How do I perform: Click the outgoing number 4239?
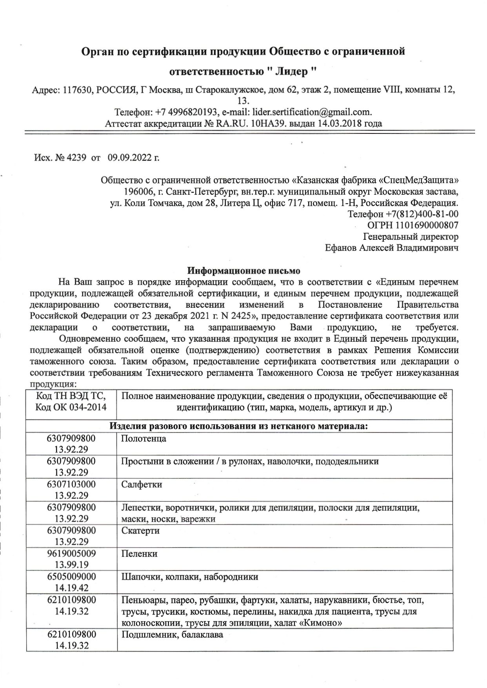(x=76, y=158)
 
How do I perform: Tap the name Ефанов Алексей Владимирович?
(x=392, y=248)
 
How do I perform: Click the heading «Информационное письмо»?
(x=243, y=270)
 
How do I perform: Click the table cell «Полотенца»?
(x=144, y=438)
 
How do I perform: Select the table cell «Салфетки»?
(x=142, y=484)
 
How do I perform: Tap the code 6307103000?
(x=71, y=484)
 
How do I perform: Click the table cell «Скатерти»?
(x=140, y=531)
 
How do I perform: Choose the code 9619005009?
(x=71, y=554)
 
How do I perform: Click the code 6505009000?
(x=71, y=577)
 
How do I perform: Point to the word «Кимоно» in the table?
(x=326, y=623)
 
